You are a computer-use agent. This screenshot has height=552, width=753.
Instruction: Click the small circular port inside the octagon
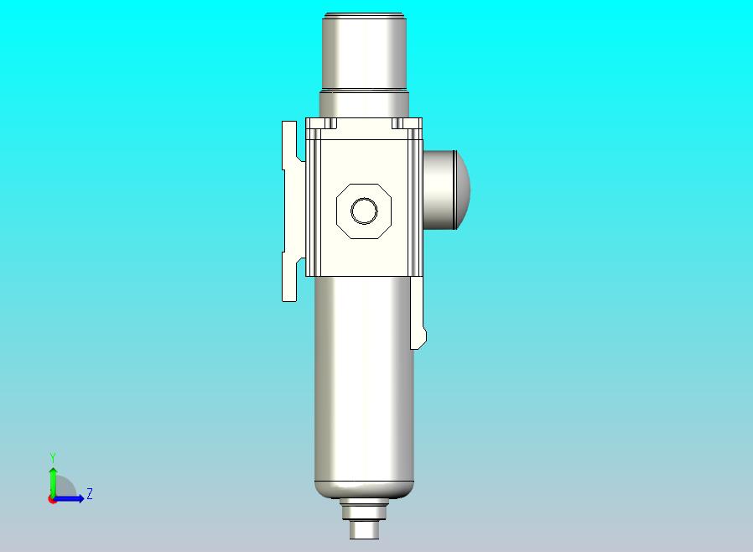point(364,211)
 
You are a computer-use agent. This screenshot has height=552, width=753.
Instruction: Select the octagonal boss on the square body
point(364,211)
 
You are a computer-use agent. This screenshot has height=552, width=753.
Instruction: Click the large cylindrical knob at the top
point(365,51)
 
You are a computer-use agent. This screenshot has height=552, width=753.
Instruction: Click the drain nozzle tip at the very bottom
point(365,529)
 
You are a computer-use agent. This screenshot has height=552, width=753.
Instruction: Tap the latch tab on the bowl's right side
point(418,312)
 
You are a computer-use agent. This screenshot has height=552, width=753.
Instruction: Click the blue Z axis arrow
point(68,499)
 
